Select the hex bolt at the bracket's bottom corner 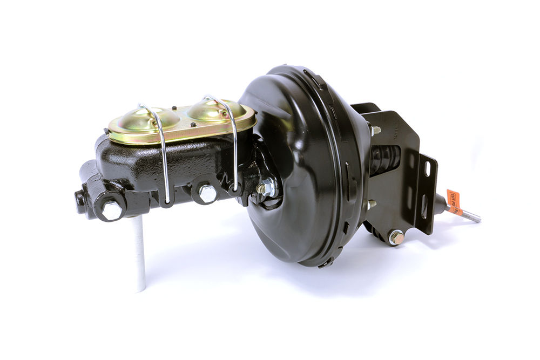point(396,236)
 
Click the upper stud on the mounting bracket point(375,130)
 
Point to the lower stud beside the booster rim point(371,204)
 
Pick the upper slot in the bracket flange point(428,168)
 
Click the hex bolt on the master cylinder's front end point(112,210)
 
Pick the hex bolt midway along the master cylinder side point(207,193)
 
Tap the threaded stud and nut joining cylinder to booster point(266,187)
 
